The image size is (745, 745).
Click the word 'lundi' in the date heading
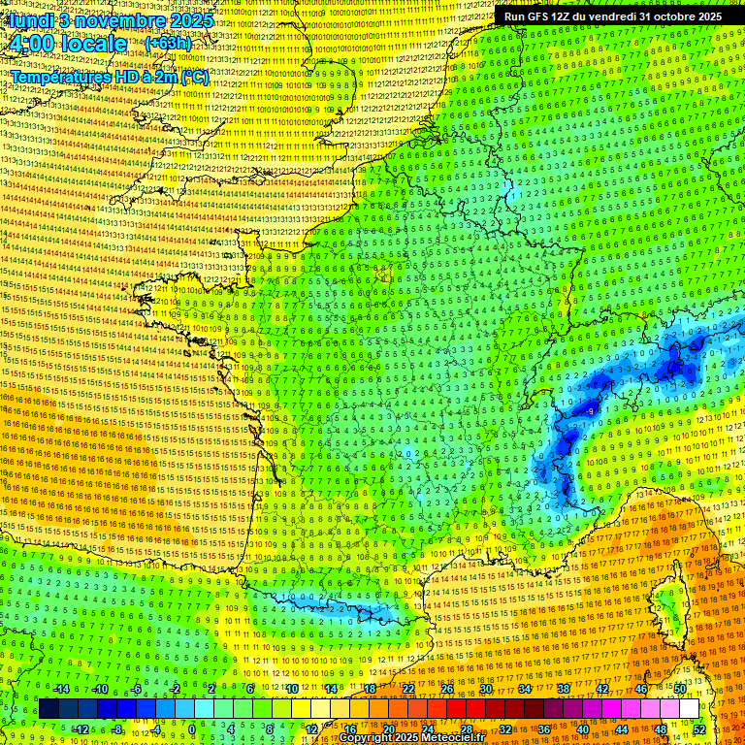[x=31, y=19]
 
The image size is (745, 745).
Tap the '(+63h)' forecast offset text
[x=168, y=44]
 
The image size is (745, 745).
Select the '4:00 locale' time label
[x=68, y=44]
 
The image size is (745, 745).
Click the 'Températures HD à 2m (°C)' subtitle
[x=110, y=76]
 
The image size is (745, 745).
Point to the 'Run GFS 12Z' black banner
[x=612, y=16]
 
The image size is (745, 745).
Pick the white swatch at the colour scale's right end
[x=689, y=709]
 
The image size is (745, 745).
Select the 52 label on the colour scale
[x=699, y=729]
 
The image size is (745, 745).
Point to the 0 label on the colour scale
[x=192, y=729]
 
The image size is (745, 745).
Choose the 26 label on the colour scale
[x=447, y=689]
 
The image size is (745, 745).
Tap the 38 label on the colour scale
[x=564, y=689]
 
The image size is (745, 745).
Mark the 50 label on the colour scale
[x=680, y=689]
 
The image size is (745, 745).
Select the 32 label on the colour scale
[x=505, y=729]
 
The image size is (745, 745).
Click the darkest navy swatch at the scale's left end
[x=49, y=709]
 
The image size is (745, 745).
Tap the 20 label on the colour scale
[x=389, y=729]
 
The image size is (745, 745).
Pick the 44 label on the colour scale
[x=622, y=729]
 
